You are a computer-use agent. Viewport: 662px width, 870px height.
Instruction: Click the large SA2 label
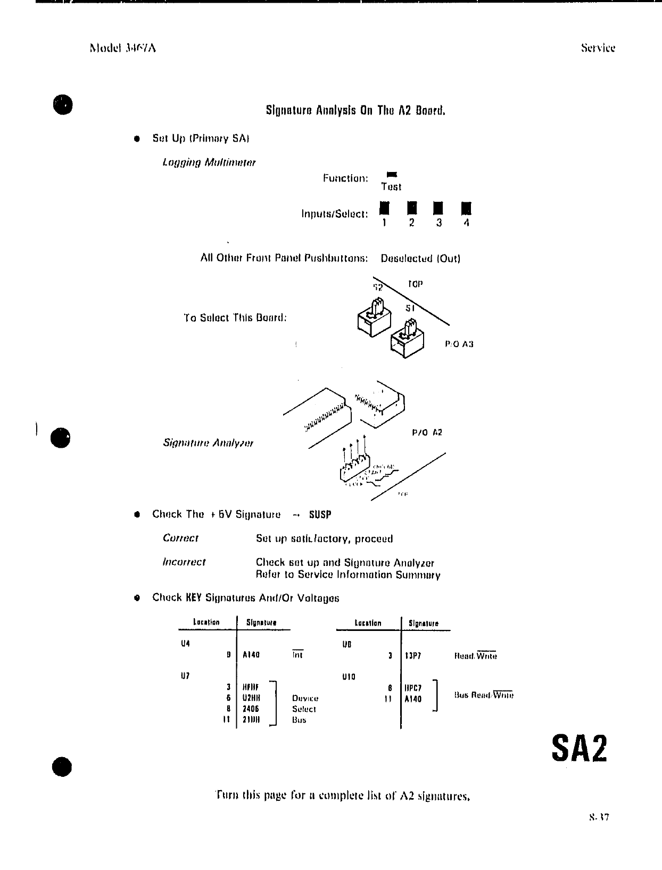[580, 749]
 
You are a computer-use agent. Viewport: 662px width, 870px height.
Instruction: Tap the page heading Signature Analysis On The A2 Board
[355, 111]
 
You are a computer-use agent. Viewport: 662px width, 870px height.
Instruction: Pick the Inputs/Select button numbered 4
[466, 208]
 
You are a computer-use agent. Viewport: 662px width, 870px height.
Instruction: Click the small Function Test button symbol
[392, 174]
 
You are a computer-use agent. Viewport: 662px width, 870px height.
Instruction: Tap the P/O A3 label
[459, 344]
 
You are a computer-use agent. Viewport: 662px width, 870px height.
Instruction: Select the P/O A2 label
[427, 432]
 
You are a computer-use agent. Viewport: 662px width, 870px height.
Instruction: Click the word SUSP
[320, 515]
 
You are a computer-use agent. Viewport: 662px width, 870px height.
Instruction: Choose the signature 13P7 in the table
[413, 656]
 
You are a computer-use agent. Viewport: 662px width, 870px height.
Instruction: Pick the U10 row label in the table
[349, 677]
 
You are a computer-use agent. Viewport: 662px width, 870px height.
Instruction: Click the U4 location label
[185, 643]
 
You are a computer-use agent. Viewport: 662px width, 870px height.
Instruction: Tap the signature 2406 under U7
[251, 709]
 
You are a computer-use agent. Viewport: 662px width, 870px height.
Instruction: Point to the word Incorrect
[184, 562]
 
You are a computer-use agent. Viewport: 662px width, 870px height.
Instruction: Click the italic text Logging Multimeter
[209, 162]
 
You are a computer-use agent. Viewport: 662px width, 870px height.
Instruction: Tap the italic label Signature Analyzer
[208, 443]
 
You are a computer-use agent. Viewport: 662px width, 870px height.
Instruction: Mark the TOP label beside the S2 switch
[415, 284]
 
